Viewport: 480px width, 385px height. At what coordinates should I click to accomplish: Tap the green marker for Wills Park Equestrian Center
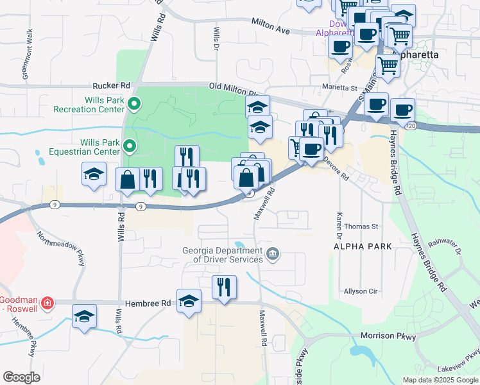[129, 147]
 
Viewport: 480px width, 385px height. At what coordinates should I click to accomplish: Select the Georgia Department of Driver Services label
[222, 255]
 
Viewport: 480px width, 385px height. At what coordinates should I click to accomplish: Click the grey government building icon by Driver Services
[273, 255]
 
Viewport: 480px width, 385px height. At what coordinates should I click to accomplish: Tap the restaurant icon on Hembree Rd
[224, 287]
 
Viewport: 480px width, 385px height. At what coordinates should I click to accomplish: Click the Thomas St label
[361, 227]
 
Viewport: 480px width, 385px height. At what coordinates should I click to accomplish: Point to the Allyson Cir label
[361, 291]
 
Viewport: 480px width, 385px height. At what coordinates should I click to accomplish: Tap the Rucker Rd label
[111, 85]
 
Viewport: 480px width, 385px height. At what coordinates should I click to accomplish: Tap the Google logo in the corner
[21, 377]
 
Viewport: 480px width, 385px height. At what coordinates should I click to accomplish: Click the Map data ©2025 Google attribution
[440, 380]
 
